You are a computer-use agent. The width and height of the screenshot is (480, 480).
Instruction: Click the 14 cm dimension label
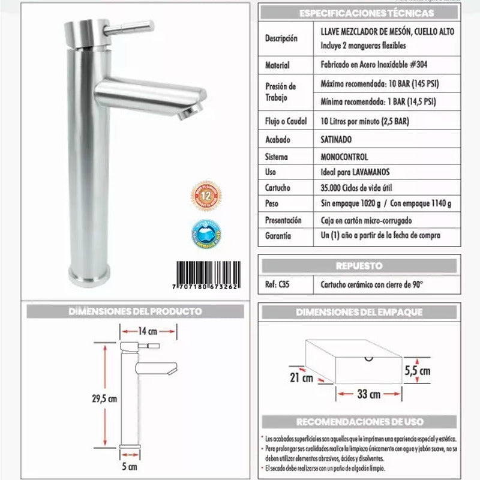pos(148,331)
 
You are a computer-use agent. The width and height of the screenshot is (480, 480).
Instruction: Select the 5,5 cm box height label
pos(417,371)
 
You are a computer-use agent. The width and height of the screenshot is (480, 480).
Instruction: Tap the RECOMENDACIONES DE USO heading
pos(360,421)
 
